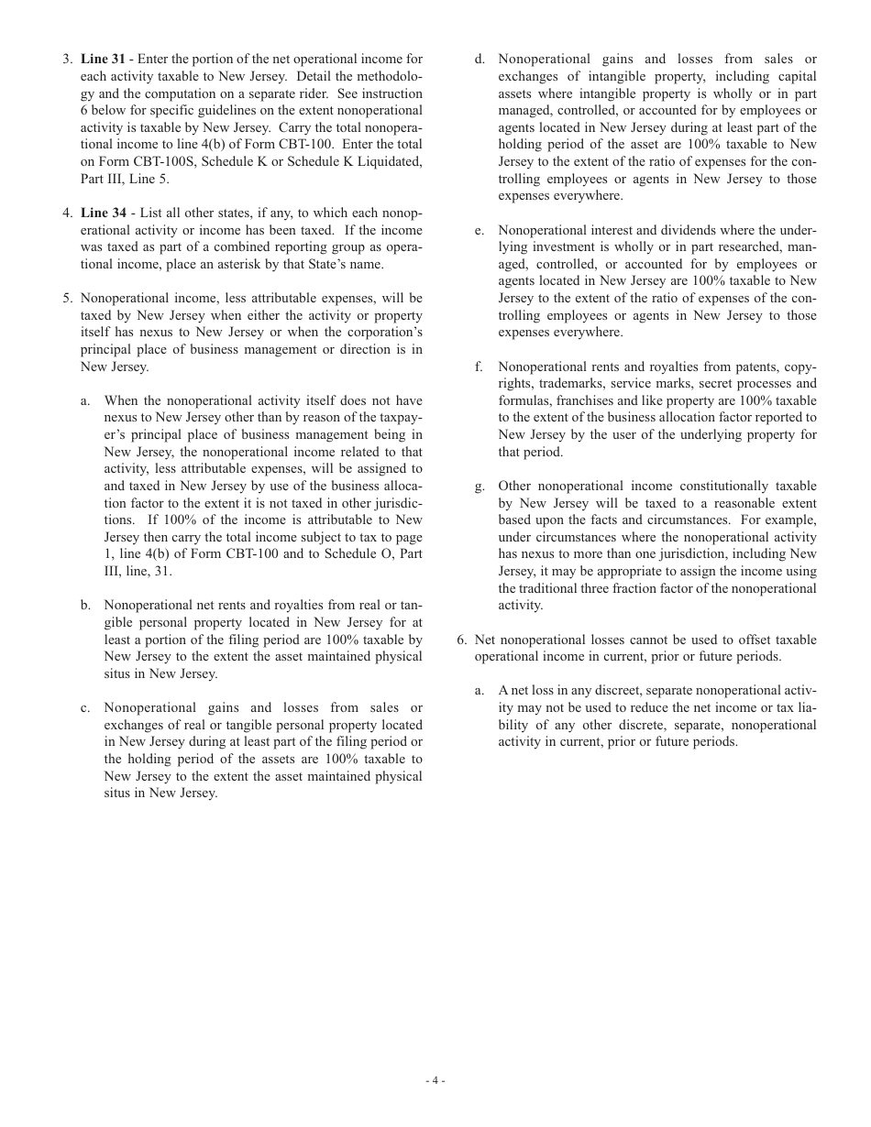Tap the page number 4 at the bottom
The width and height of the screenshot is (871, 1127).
point(435,1080)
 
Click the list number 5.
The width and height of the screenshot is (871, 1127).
point(67,299)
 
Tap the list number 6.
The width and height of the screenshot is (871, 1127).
point(461,640)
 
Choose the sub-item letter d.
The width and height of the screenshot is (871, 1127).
point(480,60)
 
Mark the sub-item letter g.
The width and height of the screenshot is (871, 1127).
point(480,487)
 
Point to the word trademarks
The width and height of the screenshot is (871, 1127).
point(571,384)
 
